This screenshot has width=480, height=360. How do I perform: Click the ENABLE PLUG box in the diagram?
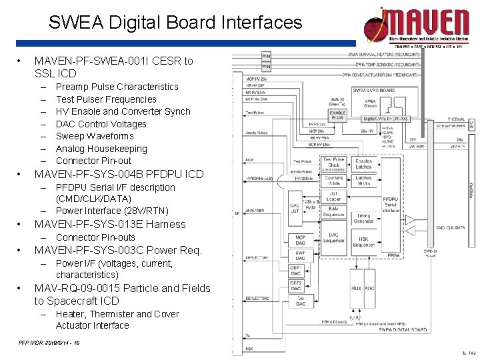337,115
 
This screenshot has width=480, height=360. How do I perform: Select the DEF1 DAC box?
296,271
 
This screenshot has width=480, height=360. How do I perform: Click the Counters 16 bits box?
333,181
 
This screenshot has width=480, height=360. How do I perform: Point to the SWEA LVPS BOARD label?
373,90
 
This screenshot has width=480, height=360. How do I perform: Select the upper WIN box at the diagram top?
266,56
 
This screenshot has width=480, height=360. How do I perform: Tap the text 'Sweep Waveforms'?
94,136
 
